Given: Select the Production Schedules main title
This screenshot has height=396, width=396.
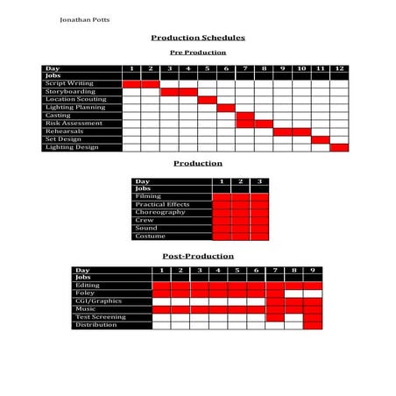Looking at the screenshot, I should (198, 38).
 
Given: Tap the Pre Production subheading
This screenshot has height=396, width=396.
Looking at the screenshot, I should (197, 53).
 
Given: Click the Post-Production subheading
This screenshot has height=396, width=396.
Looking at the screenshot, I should (198, 256).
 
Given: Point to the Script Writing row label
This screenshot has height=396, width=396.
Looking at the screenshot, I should (69, 84).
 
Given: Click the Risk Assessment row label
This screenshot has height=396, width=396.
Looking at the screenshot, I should (74, 124).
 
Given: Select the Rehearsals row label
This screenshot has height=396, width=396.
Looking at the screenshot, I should (65, 131).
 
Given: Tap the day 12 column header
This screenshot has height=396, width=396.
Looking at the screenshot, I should (339, 68).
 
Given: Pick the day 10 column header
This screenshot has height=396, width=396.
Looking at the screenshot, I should (301, 68).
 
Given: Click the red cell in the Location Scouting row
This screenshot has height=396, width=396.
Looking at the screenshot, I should (207, 100).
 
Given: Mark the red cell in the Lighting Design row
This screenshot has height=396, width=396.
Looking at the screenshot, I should (339, 147).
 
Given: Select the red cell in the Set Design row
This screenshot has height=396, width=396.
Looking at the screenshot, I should (320, 139).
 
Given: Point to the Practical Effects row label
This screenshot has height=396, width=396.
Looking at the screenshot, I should (163, 205).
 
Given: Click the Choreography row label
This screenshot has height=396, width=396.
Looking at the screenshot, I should (160, 213).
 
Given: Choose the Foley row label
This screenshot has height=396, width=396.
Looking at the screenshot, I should (86, 293).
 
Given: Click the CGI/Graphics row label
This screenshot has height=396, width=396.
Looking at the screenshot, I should (98, 301).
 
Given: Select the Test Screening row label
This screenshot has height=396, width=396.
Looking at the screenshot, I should (100, 317).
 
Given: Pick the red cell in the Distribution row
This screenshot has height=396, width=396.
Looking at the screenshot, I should (313, 325).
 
